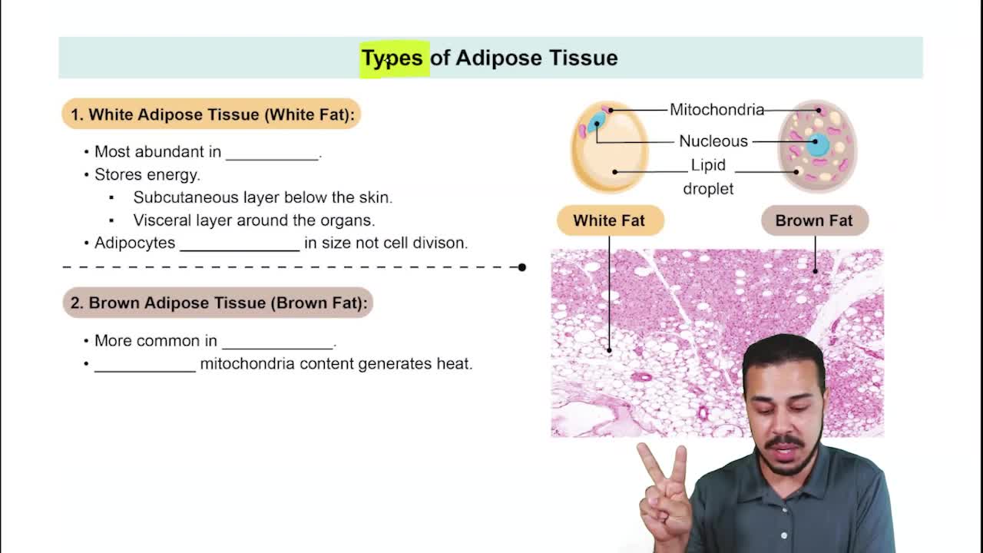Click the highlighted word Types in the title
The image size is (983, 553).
click(x=393, y=58)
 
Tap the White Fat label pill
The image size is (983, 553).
click(x=609, y=220)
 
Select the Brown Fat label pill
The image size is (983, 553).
click(x=814, y=220)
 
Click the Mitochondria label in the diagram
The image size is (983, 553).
click(x=717, y=110)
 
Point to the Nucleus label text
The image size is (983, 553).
click(x=713, y=141)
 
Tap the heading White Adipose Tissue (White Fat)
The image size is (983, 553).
click(x=212, y=114)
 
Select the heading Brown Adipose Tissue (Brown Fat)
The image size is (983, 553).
click(x=218, y=303)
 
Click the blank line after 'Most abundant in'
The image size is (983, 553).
click(x=272, y=154)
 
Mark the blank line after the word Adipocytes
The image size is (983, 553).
click(x=240, y=245)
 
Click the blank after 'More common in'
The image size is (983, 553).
click(x=278, y=343)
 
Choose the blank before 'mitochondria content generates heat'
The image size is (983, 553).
click(x=145, y=366)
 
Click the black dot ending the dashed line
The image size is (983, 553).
click(x=522, y=267)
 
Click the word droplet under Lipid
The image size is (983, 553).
click(x=708, y=188)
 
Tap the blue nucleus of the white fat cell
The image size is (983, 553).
click(x=598, y=121)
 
